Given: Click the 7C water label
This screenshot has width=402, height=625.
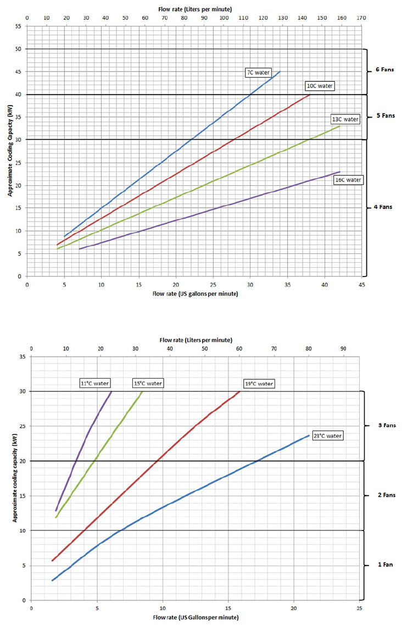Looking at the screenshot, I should [x=258, y=72].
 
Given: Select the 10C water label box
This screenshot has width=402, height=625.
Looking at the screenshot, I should [x=319, y=86].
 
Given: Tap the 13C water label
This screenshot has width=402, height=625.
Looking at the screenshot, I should [x=344, y=119].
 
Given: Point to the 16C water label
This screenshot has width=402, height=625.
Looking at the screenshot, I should [x=348, y=180].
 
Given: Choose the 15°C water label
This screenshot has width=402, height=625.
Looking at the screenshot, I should [x=148, y=383].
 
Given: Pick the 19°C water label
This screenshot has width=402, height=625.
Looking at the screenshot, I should [x=259, y=383].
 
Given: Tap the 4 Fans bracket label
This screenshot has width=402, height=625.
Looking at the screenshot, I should [x=383, y=207].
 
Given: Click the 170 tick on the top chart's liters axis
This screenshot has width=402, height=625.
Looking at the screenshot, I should [x=361, y=18].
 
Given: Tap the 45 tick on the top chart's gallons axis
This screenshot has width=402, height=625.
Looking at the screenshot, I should [x=361, y=285].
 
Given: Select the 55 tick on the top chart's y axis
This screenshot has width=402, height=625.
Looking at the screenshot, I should [x=18, y=26].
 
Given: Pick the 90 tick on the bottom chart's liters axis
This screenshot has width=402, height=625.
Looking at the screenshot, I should [x=344, y=349].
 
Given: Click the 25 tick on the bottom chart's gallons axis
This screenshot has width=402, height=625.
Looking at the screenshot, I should [x=359, y=609].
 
